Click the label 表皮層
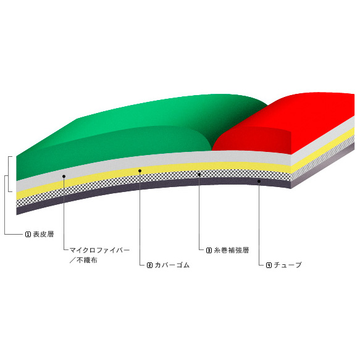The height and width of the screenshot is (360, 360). [43, 234]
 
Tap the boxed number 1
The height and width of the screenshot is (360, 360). [28, 235]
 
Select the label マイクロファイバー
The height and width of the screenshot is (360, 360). [100, 250]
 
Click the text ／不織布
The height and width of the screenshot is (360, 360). [83, 260]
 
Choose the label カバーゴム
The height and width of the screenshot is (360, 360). [172, 265]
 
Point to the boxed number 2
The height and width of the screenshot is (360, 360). [149, 265]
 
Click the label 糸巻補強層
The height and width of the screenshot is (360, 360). [232, 250]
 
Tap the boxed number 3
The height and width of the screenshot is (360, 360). [209, 250]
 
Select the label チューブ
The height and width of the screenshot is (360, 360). [288, 265]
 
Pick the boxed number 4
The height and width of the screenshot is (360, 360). [269, 265]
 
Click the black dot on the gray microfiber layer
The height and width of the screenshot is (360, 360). [64, 177]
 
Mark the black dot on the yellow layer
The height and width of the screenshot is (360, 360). [140, 171]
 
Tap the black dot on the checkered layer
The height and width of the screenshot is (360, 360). [199, 175]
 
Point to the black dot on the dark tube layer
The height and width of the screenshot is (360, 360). [259, 181]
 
